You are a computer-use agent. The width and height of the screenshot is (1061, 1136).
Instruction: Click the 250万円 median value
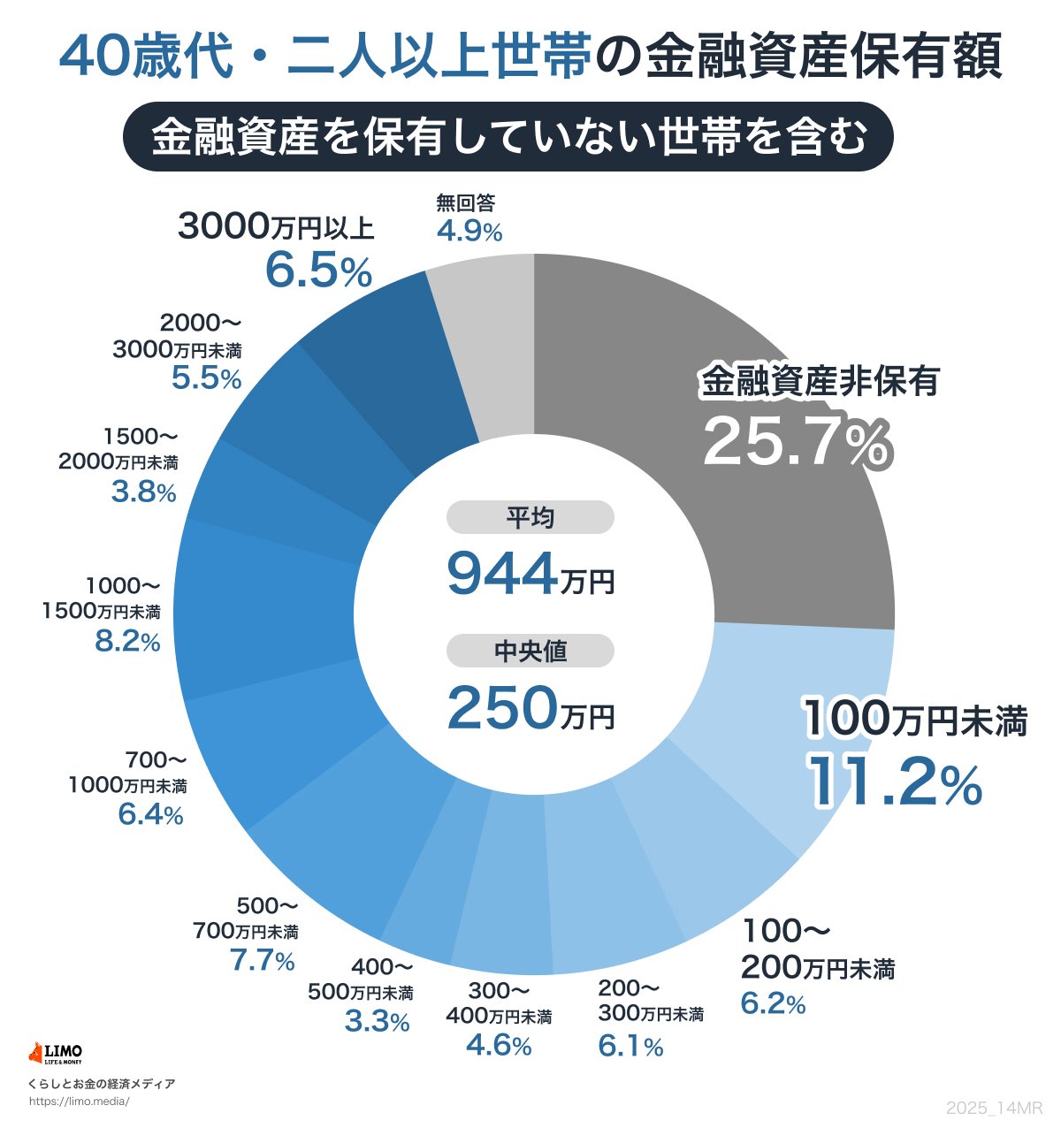[530, 709]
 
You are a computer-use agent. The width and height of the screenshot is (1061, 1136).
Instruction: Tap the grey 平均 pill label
[530, 517]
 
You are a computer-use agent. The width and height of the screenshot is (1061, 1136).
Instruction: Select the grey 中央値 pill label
[530, 652]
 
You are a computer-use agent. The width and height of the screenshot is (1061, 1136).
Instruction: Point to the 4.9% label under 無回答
[469, 232]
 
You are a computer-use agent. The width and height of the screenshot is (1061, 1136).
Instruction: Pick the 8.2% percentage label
[127, 641]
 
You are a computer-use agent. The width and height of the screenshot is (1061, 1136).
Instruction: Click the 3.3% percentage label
[377, 1021]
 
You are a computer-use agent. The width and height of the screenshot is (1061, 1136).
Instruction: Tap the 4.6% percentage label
[499, 1046]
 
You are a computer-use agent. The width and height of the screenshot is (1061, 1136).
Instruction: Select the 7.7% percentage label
[263, 960]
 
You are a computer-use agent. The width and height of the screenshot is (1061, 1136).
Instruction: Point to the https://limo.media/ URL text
[80, 1102]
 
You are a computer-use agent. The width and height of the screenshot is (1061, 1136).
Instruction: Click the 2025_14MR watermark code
[994, 1109]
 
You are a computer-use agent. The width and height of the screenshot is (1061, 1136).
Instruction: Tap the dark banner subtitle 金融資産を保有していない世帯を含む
[508, 138]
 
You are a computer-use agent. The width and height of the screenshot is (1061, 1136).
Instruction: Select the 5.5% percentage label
[206, 378]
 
